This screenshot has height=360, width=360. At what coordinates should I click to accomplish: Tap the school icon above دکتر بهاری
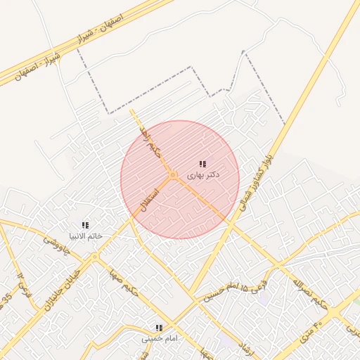tap(202, 164)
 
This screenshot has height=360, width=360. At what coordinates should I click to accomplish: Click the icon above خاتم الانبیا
tap(85, 225)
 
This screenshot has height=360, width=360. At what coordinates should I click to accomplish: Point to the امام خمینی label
tap(160, 338)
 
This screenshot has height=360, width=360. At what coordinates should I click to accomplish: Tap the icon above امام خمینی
tap(159, 328)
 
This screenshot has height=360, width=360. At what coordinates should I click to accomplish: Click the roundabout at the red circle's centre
tap(172, 175)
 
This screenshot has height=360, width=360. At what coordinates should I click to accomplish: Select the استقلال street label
tap(151, 197)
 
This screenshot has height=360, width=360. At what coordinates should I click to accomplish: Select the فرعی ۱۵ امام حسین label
tap(226, 291)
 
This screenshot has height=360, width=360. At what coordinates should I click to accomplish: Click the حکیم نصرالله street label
tap(309, 293)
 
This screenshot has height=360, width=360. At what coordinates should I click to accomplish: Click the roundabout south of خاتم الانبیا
tap(94, 257)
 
